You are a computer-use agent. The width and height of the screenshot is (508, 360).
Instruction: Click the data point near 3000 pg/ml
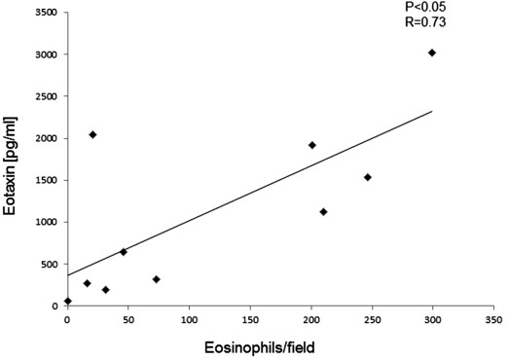432,53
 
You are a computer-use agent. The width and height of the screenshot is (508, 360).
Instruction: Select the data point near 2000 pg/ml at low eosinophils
92,134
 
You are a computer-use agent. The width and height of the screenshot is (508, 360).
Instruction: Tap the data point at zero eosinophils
67,301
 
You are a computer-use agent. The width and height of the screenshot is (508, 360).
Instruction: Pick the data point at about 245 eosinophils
368,177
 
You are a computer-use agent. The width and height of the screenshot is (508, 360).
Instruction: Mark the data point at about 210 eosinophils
323,212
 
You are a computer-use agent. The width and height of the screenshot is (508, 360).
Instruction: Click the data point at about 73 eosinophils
156,279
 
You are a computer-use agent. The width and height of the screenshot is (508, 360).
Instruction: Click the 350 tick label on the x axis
493,318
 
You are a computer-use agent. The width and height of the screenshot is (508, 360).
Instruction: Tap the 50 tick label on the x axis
127,318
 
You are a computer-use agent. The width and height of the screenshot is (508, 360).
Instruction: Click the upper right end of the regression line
432,111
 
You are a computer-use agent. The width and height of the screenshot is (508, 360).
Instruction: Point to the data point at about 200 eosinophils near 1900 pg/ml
312,145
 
